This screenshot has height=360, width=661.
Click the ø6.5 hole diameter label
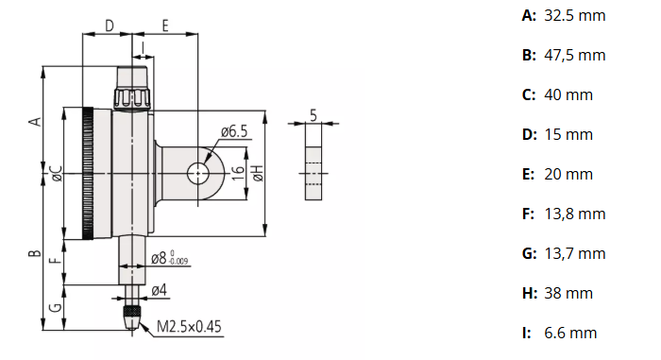click(233, 131)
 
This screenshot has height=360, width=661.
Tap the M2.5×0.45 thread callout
click(189, 327)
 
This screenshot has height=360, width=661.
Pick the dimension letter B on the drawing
click(34, 253)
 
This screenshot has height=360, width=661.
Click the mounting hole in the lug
click(197, 173)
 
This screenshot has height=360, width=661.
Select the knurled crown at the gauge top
click(133, 98)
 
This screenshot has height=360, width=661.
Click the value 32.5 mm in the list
click(575, 15)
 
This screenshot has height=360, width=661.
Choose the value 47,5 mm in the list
click(575, 55)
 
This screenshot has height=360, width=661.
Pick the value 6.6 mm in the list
click(571, 333)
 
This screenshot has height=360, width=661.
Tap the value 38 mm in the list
click(568, 293)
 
